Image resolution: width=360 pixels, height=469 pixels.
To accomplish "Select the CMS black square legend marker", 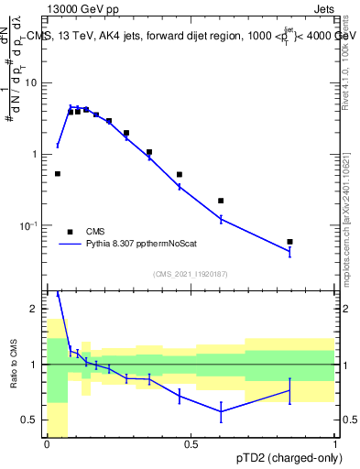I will pos(70,232).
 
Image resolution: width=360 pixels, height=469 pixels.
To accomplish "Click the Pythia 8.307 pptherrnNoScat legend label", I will pos(149,245).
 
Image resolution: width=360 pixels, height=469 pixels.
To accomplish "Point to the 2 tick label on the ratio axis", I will pos(37,310).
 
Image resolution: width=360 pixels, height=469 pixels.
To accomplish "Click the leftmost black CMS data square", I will pos(58,173).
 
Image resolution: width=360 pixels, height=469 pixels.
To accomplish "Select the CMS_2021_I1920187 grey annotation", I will pos(191,273).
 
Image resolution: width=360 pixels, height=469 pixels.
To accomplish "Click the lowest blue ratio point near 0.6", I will pos(221,411).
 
